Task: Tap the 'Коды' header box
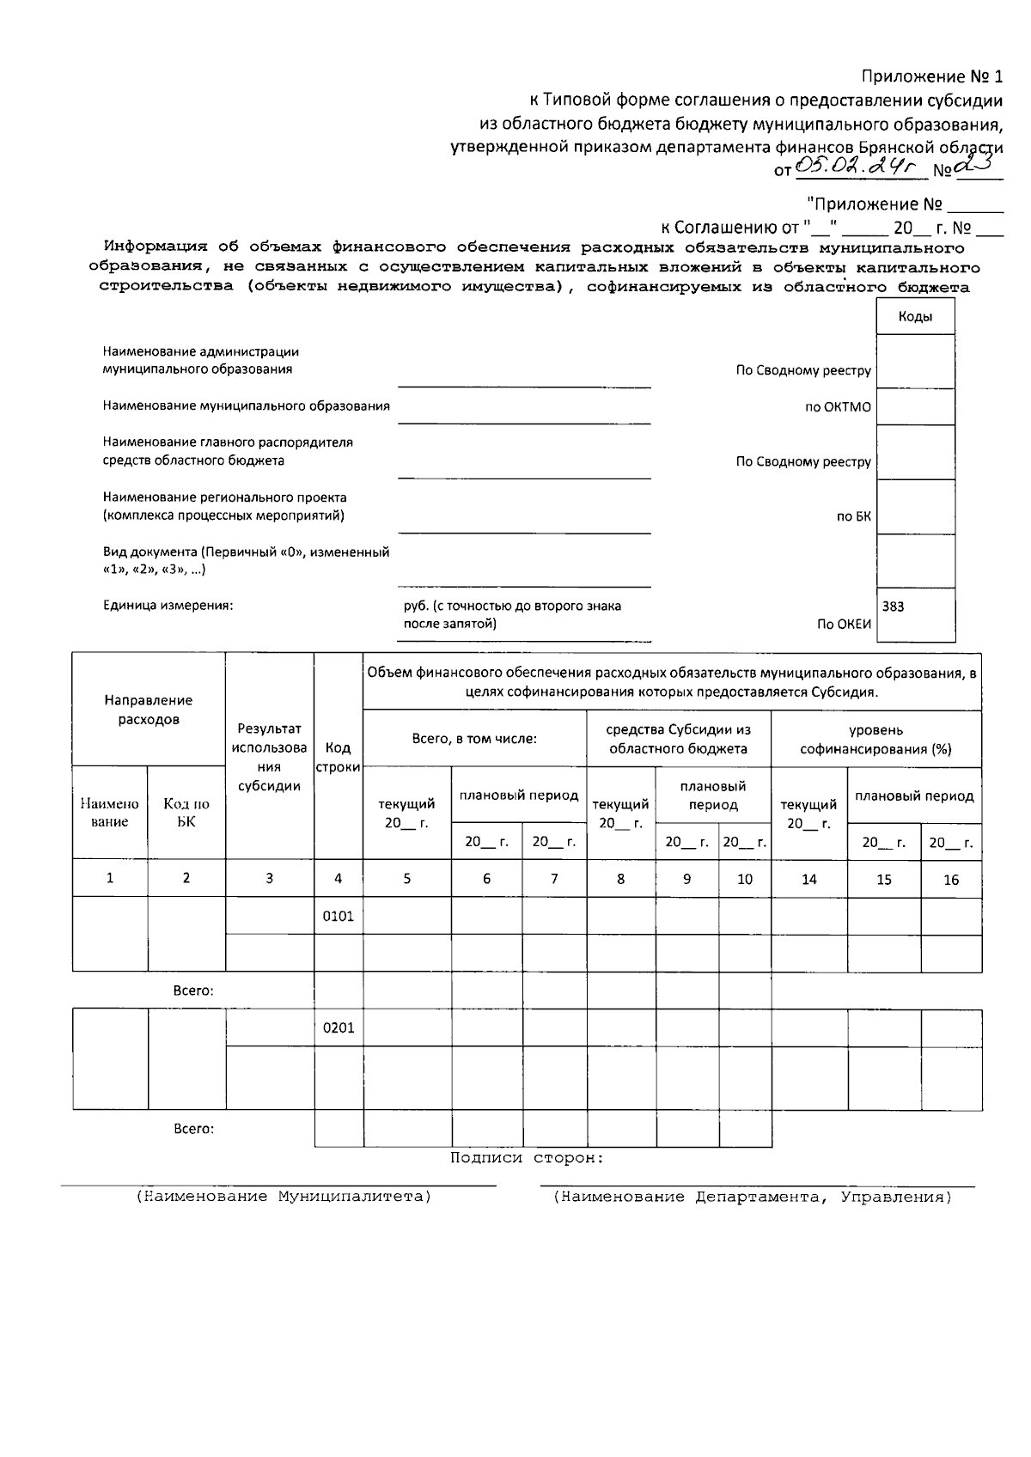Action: point(915,317)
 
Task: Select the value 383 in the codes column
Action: point(893,607)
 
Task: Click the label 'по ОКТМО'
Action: point(838,407)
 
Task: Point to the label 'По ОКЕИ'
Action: point(844,625)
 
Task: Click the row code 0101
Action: point(338,916)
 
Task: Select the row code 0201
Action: point(338,1028)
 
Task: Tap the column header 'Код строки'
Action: point(338,757)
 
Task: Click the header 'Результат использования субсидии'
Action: point(269,757)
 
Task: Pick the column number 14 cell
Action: point(808,879)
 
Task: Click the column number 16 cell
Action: point(950,880)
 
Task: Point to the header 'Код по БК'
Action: point(186,812)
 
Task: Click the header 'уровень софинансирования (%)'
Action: point(875,739)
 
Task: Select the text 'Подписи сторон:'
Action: point(527,1158)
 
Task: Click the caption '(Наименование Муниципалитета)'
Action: point(284,1197)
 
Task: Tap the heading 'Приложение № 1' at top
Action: point(932,76)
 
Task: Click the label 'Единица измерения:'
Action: point(168,606)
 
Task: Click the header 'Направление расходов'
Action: point(149,710)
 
